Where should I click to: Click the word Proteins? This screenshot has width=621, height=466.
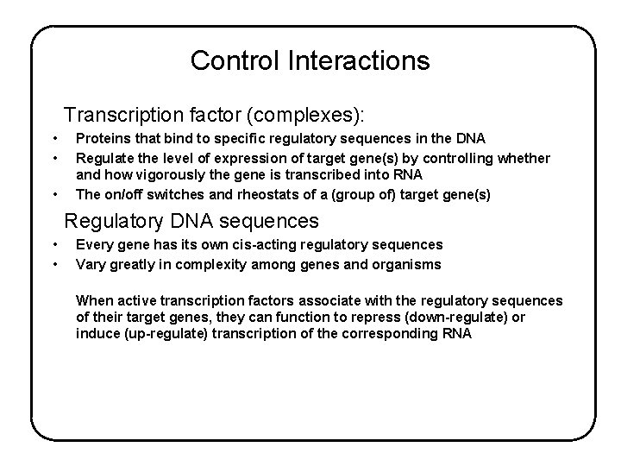102,138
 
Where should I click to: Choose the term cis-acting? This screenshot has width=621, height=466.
265,245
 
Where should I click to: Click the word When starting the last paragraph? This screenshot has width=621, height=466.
96,301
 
